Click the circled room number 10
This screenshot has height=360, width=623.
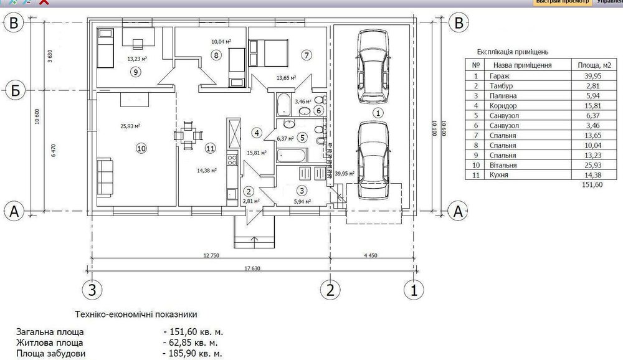pos(141,148)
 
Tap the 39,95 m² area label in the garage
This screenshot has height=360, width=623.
pos(345,173)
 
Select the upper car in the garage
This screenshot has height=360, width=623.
pos(373,67)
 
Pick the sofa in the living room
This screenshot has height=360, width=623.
pos(105,177)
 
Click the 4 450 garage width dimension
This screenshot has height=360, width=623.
pos(370,255)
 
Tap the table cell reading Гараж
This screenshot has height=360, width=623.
pos(500,76)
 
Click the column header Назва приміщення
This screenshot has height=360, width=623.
pos(523,65)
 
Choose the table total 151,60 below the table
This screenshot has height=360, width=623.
pos(592,184)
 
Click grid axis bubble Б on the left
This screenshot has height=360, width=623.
pos(15,90)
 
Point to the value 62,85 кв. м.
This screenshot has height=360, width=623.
pos(190,343)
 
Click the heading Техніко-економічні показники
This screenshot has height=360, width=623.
pos(136,315)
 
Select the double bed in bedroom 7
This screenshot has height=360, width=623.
pos(268,53)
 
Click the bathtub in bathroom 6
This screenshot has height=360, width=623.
pos(283,104)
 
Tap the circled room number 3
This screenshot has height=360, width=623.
pos(302,191)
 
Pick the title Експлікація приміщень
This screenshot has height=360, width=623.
pos(513,52)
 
